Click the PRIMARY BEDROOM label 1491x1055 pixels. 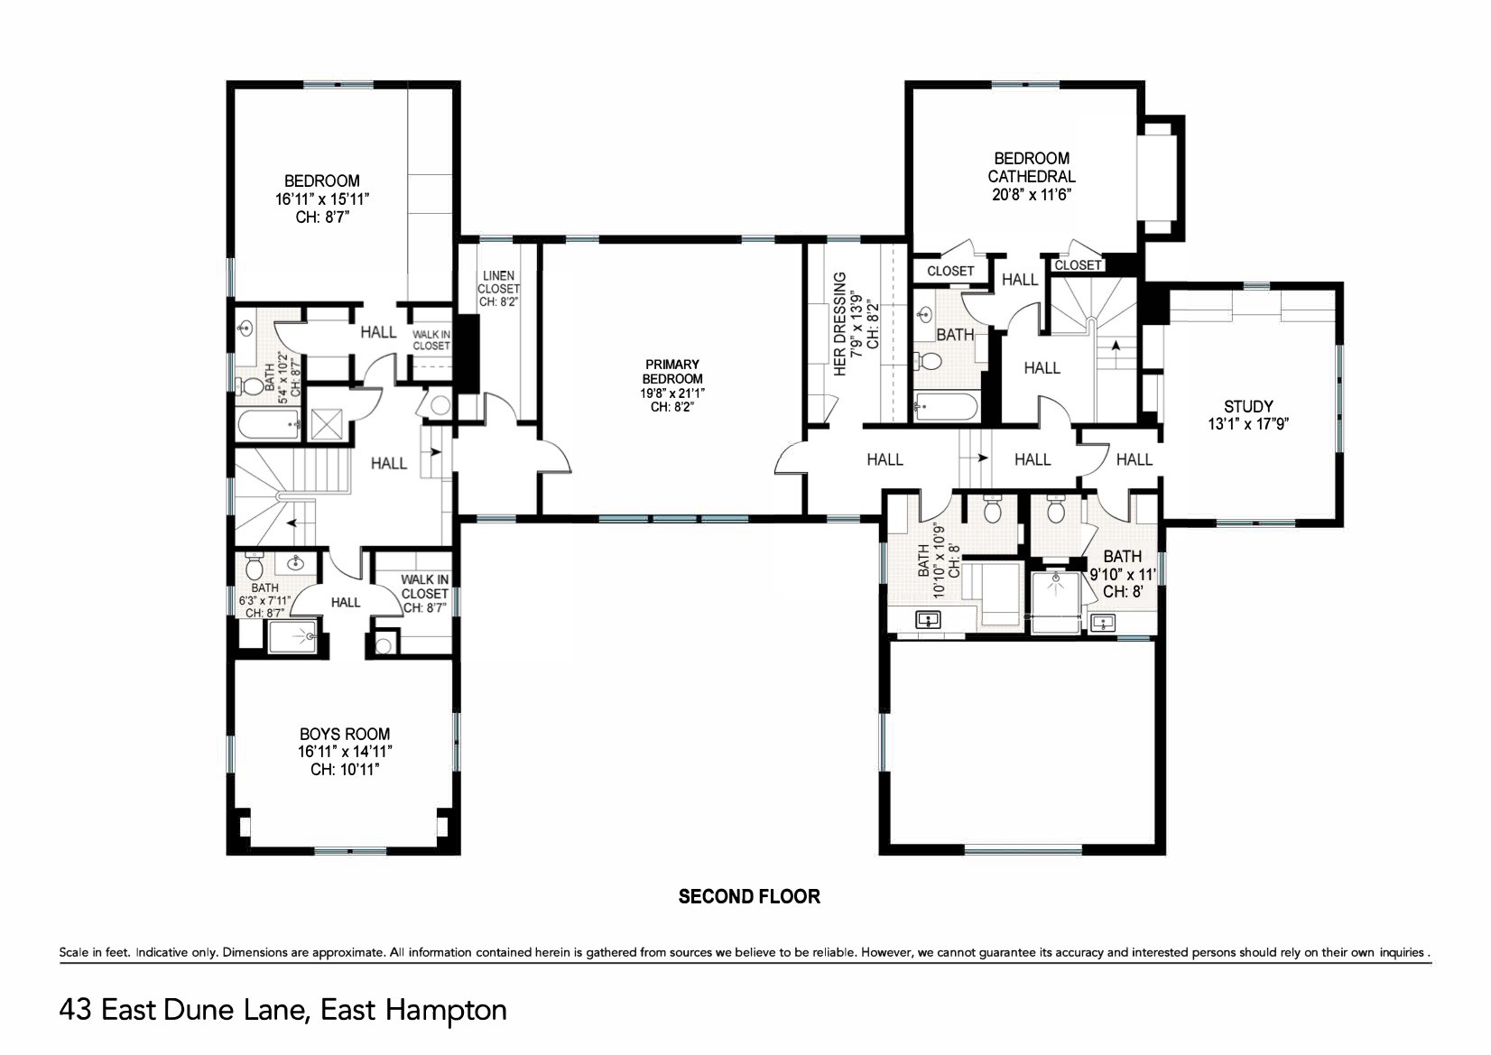click(672, 372)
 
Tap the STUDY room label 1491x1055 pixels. click(1248, 406)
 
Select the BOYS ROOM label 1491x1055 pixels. click(345, 735)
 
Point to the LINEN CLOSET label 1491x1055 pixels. click(498, 282)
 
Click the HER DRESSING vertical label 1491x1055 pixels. click(840, 323)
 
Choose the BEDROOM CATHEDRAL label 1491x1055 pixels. click(1032, 168)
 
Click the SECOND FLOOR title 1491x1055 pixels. click(749, 896)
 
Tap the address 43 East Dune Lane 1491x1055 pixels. click(184, 1011)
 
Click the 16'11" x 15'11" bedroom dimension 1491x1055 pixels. click(322, 199)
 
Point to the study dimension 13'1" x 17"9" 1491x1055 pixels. click(1249, 424)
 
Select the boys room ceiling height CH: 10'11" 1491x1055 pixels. click(345, 770)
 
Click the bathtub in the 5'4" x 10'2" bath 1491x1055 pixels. click(269, 425)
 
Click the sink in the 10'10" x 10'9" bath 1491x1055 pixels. click(928, 621)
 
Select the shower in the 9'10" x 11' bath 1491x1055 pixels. click(1056, 602)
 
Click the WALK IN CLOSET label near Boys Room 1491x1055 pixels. click(425, 594)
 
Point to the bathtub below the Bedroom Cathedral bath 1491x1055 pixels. click(946, 407)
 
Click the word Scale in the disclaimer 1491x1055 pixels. click(72, 952)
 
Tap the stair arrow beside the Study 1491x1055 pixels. click(1116, 346)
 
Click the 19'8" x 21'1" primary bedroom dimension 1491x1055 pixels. click(672, 393)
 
